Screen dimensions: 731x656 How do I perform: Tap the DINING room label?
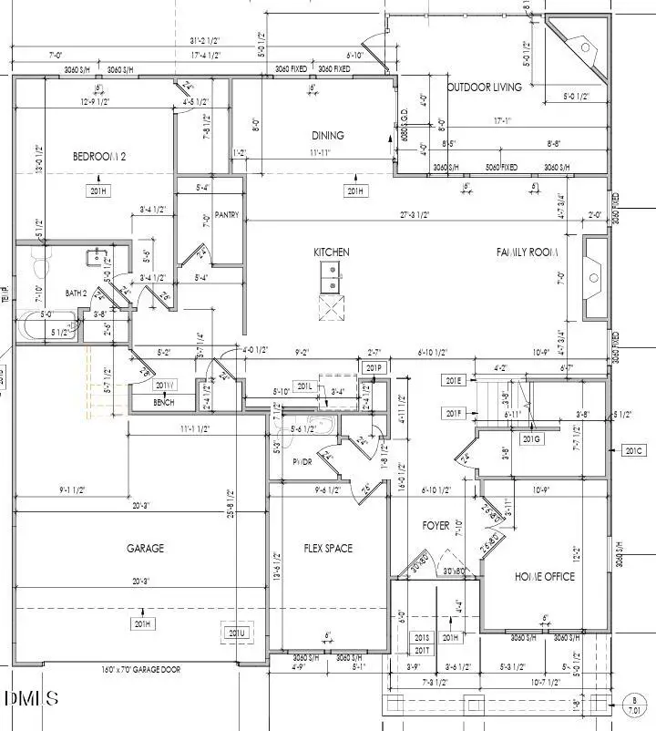(x=328, y=136)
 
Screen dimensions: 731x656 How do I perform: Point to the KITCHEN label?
(x=332, y=252)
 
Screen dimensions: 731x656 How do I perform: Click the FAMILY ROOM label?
(x=526, y=252)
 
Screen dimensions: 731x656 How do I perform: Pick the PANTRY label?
(x=226, y=216)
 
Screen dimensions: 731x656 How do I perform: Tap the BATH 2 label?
(x=76, y=293)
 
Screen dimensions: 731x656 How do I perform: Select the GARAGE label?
(x=145, y=549)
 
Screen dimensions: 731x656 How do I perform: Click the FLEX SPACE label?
(x=328, y=549)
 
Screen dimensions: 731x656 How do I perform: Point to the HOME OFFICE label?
(x=545, y=577)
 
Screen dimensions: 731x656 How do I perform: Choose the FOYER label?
(x=436, y=526)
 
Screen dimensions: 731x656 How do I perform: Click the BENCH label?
(x=164, y=402)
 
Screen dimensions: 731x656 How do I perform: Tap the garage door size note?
(x=140, y=670)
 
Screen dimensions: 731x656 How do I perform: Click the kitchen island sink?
(x=332, y=276)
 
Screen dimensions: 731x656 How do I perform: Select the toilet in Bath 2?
(x=40, y=264)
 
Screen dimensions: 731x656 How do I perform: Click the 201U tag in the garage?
(x=237, y=633)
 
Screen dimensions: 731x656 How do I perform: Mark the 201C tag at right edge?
(x=634, y=450)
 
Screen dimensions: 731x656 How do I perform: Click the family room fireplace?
(x=595, y=278)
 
